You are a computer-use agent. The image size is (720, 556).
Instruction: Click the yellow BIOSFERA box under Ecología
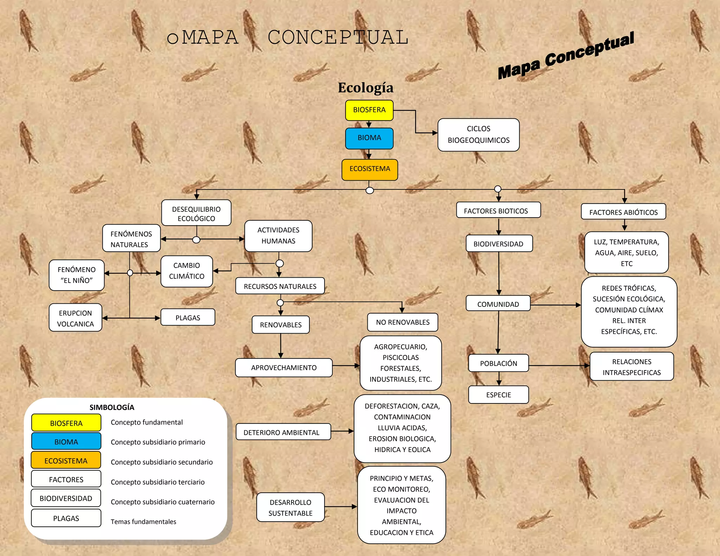[x=369, y=110]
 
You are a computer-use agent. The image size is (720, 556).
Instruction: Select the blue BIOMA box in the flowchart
[x=369, y=138]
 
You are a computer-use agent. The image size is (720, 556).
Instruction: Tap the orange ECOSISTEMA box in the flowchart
[x=369, y=169]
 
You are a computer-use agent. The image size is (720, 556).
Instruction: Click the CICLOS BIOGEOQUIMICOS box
[x=478, y=135]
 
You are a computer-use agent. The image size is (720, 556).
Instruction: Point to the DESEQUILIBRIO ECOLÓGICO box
[x=196, y=213]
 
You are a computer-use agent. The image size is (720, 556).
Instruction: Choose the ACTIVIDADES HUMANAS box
[x=278, y=235]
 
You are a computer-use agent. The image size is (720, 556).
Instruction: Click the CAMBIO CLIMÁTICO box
[x=187, y=271]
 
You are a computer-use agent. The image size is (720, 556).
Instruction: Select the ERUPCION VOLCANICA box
[x=75, y=318]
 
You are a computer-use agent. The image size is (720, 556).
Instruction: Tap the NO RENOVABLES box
[x=403, y=322]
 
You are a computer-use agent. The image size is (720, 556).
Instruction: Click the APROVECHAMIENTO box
[x=284, y=368]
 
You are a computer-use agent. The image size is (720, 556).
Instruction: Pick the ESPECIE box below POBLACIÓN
[x=499, y=395]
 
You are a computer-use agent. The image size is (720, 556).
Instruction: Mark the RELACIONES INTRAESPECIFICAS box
[x=631, y=367]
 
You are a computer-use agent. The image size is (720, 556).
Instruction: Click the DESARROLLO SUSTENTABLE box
[x=290, y=507]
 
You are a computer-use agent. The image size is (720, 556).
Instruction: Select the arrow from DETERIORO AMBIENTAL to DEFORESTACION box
[x=342, y=431]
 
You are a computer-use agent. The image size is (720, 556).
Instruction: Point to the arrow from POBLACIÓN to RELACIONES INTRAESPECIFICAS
[x=559, y=366]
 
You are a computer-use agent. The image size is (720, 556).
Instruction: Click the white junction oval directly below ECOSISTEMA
[x=369, y=190]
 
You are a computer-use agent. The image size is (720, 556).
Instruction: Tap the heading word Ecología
[x=366, y=88]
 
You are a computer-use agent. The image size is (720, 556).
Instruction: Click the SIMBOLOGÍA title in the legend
[x=112, y=407]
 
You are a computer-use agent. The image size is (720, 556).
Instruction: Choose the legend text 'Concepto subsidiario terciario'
[x=157, y=482]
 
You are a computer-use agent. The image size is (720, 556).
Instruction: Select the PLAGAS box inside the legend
[x=66, y=518]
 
